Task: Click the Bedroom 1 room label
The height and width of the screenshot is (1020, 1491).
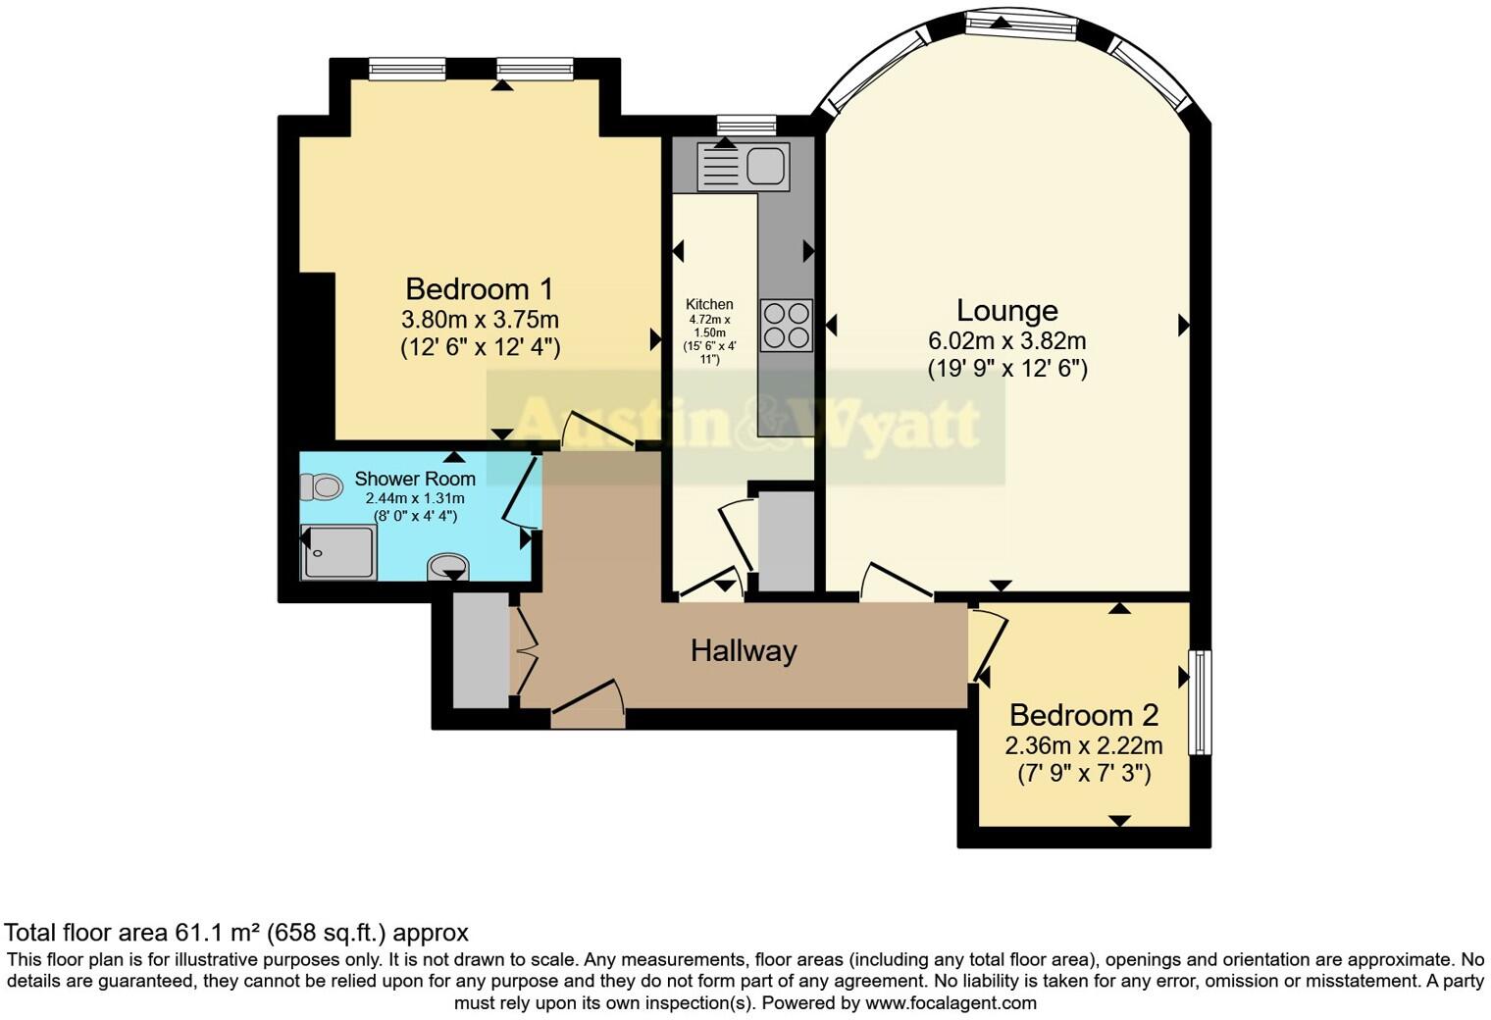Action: (x=479, y=289)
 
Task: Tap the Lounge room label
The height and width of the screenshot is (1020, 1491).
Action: (x=1006, y=311)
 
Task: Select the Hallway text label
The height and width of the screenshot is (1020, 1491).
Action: (x=743, y=650)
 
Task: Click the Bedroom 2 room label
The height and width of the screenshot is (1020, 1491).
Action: (x=1083, y=715)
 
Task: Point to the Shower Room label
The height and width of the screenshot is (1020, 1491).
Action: (x=414, y=479)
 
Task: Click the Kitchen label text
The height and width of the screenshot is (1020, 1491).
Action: (x=708, y=304)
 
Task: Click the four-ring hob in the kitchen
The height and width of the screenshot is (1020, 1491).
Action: (x=786, y=325)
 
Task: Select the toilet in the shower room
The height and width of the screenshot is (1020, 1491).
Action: (x=321, y=485)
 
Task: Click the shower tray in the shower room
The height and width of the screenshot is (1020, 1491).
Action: (x=338, y=552)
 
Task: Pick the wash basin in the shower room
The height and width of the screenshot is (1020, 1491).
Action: (x=448, y=566)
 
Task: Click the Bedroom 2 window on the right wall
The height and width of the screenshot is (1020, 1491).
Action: (x=1200, y=701)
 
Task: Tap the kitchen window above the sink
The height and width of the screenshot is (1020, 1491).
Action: (x=745, y=125)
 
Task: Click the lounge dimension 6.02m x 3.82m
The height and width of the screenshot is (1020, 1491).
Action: (x=1006, y=341)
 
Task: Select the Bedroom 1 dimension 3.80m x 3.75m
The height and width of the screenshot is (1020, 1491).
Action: (x=479, y=320)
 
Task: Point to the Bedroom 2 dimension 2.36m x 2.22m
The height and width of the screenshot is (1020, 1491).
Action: (x=1083, y=745)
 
